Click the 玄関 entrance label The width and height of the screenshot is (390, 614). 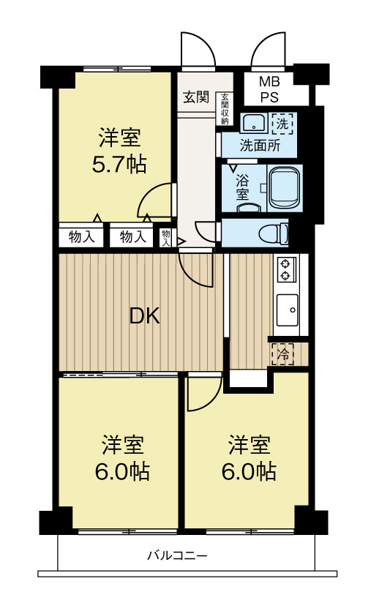(x=196, y=97)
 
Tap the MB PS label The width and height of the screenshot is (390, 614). (x=269, y=89)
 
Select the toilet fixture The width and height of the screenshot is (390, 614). (x=274, y=233)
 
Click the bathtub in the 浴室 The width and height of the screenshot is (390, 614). (x=285, y=188)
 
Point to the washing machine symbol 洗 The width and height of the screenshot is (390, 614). (x=283, y=124)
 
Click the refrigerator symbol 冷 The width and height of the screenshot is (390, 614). (x=282, y=354)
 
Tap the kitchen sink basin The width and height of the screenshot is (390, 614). (x=288, y=310)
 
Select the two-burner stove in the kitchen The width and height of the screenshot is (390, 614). (x=287, y=269)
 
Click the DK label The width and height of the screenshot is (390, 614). (x=145, y=316)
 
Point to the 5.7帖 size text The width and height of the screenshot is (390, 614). (x=119, y=164)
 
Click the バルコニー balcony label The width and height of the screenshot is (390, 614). (x=177, y=555)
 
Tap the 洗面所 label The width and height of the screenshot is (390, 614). (x=260, y=146)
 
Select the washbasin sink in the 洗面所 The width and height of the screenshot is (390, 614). (x=253, y=123)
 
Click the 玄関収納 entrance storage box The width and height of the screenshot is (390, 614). (x=225, y=109)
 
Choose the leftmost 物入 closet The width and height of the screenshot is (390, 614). (x=81, y=236)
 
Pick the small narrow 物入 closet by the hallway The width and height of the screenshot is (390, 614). (x=166, y=238)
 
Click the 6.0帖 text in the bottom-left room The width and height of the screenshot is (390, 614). (x=122, y=471)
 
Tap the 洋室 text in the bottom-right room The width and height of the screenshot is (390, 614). (x=249, y=445)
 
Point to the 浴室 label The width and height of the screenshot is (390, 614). (x=242, y=187)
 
